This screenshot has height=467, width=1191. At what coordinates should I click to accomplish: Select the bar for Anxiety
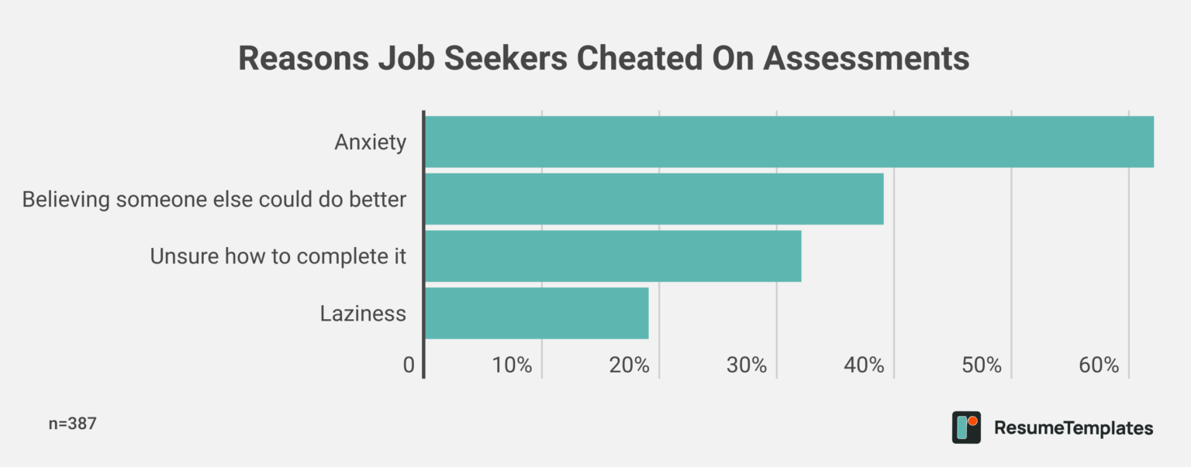[x=789, y=142]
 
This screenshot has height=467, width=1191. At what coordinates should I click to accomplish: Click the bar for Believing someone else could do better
[x=654, y=199]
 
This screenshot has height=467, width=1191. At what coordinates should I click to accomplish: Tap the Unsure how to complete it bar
[x=613, y=256]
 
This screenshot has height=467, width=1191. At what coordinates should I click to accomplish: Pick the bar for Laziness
[x=537, y=314]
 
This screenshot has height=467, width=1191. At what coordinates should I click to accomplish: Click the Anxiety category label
[x=370, y=143]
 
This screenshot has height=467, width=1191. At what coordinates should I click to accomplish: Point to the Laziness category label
[x=363, y=314]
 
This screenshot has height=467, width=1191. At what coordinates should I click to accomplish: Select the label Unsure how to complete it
[x=278, y=256]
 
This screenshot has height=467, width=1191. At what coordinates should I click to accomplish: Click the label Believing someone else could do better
[x=214, y=199]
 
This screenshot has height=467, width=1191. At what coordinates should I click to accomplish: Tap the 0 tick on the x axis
[x=409, y=366]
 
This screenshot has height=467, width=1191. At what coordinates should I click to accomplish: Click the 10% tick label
[x=513, y=366]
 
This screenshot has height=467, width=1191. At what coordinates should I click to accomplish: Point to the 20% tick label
[x=630, y=366]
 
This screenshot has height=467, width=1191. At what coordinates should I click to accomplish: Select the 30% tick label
[x=747, y=366]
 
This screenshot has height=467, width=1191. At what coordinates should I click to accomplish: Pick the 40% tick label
[x=865, y=366]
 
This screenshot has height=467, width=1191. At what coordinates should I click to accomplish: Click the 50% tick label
[x=982, y=366]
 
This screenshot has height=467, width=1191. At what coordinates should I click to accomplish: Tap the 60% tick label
[x=1100, y=366]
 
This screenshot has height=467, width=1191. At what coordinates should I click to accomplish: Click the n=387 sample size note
[x=72, y=424]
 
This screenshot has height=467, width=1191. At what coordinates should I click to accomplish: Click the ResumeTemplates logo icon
[x=966, y=428]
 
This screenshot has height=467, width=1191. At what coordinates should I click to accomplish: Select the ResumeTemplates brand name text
[x=1073, y=428]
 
